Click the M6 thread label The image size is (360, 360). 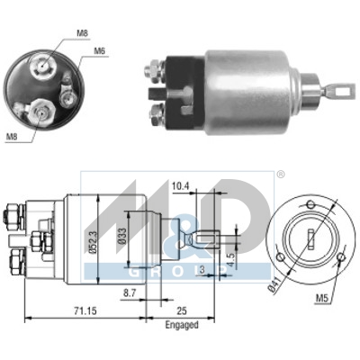coord(100,51)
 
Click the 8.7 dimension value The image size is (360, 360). coord(130,294)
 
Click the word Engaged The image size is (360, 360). coord(183,324)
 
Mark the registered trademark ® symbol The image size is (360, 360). coord(280,175)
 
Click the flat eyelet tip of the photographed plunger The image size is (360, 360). coord(343,89)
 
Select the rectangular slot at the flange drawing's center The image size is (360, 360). coord(309,240)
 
